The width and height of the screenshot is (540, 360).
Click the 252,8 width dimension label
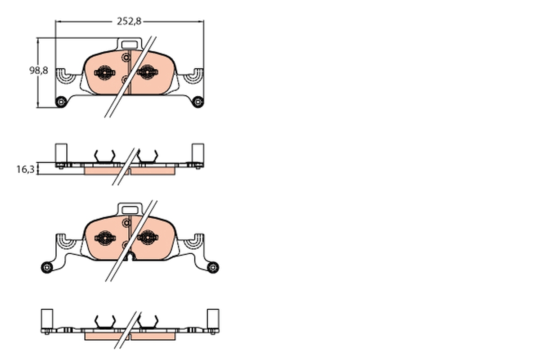(x=129, y=21)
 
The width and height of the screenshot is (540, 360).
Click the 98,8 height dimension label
(x=38, y=71)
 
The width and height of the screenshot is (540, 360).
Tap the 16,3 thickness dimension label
(x=24, y=169)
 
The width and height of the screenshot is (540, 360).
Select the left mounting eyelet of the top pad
(x=60, y=102)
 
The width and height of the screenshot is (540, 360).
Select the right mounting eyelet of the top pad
(x=198, y=102)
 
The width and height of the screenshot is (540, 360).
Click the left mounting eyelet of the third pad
(x=46, y=267)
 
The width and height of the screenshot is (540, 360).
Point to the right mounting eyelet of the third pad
(x=212, y=267)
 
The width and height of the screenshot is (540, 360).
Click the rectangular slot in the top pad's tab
(x=130, y=45)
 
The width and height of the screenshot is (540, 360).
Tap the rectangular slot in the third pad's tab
(x=130, y=210)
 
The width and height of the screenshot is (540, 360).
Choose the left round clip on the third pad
(x=104, y=237)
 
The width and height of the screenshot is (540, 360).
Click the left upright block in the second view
(x=61, y=153)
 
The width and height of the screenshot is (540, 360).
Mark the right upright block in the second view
(x=198, y=153)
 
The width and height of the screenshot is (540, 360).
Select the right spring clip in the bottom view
(x=148, y=321)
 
